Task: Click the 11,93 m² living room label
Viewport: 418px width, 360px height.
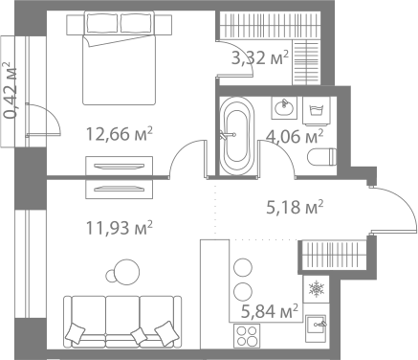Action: click(x=119, y=227)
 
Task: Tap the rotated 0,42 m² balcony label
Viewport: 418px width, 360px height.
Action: click(x=10, y=90)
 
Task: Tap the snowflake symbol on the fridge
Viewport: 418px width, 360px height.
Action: click(x=315, y=287)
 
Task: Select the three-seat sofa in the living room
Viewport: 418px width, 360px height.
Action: click(x=121, y=320)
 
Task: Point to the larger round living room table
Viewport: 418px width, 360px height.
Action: click(x=121, y=273)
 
